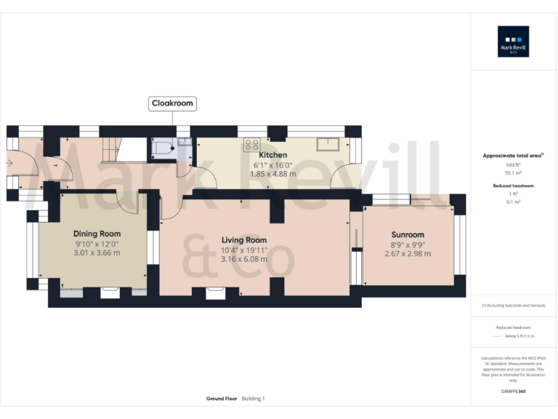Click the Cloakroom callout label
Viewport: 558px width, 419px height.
coord(172,103)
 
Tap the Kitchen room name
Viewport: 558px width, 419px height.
coord(272,155)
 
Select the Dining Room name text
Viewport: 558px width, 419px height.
coord(97,234)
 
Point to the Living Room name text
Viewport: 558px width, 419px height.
coord(244,240)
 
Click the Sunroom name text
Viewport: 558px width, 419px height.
coord(407,235)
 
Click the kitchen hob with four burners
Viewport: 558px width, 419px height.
coord(252,143)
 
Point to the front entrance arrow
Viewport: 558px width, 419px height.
coord(9,163)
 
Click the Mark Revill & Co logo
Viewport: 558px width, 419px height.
coord(513,41)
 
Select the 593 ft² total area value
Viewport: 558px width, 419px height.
coord(513,165)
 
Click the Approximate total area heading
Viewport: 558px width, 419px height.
coord(512,156)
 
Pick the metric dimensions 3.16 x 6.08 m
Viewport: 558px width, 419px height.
coord(244,258)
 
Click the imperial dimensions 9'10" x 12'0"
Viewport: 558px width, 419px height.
coord(97,244)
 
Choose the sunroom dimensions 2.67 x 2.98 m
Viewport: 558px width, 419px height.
coord(407,254)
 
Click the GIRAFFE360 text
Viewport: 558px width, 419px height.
coord(513,392)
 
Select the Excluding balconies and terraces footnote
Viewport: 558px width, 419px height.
coord(513,306)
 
